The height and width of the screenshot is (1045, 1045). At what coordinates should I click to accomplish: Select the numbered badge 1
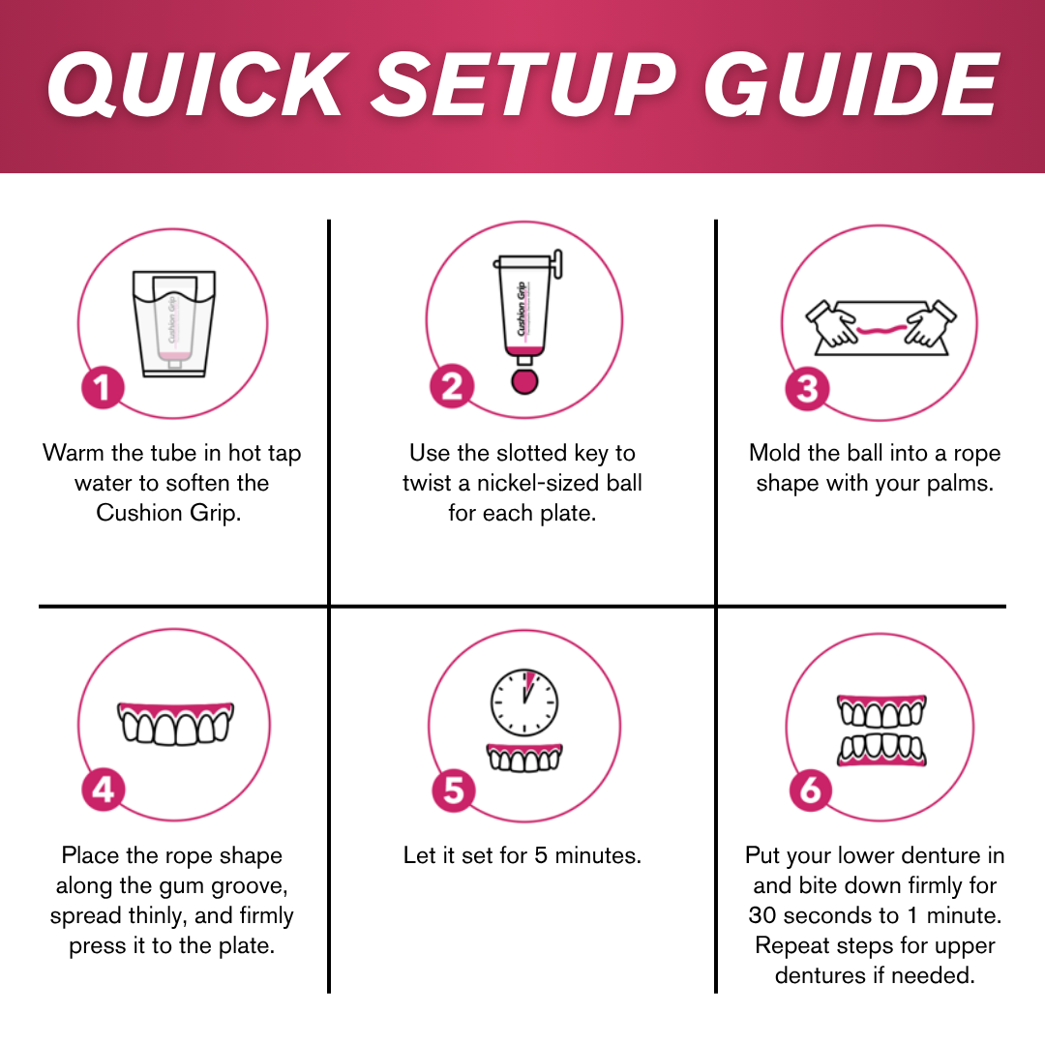click(103, 389)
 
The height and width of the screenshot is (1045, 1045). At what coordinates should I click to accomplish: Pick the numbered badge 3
click(807, 389)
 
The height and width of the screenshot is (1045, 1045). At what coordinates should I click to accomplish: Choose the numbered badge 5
click(453, 791)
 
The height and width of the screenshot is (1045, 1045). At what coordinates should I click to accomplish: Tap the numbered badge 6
click(810, 791)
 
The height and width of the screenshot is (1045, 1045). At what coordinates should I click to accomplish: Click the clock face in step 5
click(523, 701)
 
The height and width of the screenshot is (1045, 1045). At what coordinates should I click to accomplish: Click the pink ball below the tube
click(523, 379)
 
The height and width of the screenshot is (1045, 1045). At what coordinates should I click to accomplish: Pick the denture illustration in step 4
click(175, 722)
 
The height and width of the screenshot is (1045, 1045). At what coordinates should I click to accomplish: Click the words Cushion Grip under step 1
click(168, 513)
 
